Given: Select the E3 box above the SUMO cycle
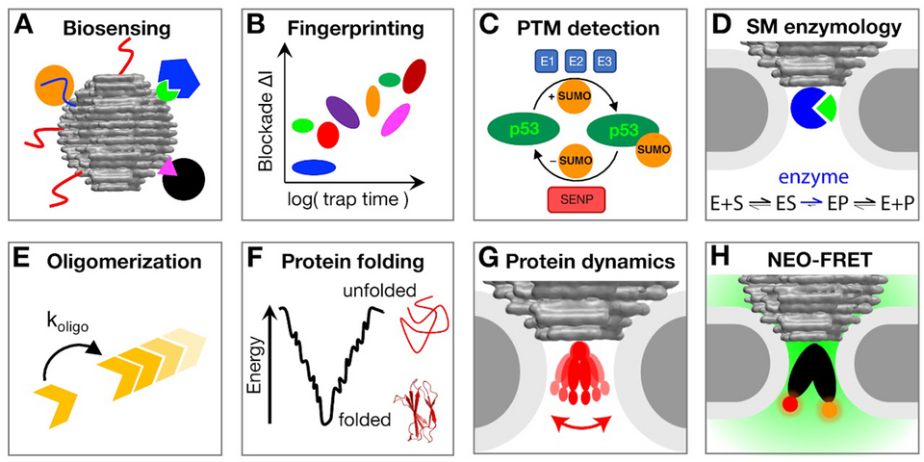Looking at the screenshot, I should pyautogui.click(x=603, y=64).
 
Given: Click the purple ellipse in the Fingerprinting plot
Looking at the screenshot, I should pyautogui.click(x=344, y=112).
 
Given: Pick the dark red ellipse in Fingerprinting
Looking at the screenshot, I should pyautogui.click(x=414, y=75).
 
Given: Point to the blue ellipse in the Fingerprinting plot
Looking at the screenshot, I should pyautogui.click(x=314, y=167).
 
